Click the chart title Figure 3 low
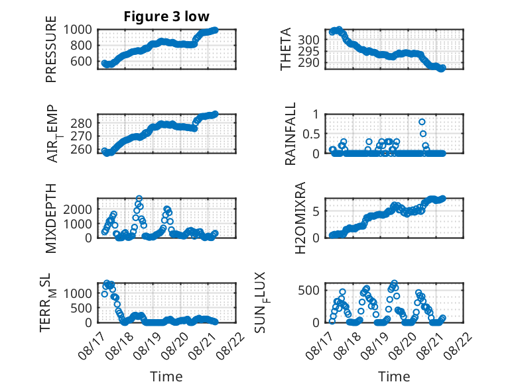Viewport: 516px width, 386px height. [x=166, y=16]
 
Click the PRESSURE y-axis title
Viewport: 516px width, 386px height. [x=51, y=49]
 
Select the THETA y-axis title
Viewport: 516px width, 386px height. [x=286, y=49]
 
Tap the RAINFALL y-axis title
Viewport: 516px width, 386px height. [x=290, y=134]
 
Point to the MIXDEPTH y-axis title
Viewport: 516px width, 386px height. [x=51, y=218]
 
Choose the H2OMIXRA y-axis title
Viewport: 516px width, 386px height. [x=300, y=218]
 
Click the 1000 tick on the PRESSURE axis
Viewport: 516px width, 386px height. [x=78, y=30]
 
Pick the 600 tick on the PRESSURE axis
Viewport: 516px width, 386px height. [x=82, y=61]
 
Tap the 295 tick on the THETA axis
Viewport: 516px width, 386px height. [x=308, y=51]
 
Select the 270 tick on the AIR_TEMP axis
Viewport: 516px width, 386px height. [x=82, y=136]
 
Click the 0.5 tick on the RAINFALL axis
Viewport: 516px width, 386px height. [x=310, y=134]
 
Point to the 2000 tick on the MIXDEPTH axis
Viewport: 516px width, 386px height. [x=78, y=209]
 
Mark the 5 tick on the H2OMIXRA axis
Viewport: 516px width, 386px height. [x=316, y=211]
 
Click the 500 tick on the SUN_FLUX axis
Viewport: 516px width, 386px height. [x=308, y=290]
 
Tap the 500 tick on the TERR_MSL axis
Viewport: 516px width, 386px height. [x=82, y=308]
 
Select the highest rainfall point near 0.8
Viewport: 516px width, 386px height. [x=422, y=122]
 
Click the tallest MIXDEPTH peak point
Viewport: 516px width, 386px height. [x=139, y=199]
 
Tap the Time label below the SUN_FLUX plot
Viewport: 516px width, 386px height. [x=394, y=377]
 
